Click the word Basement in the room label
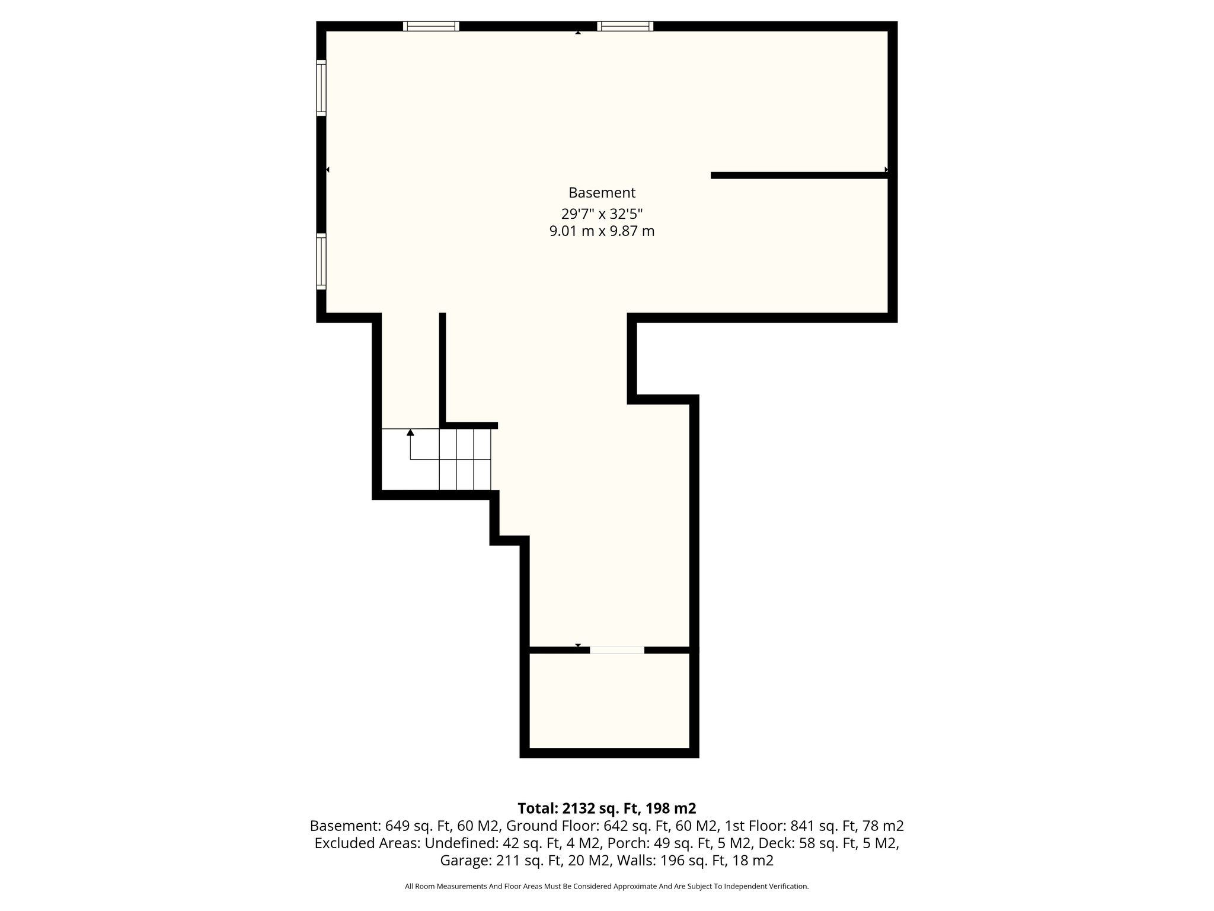click(602, 193)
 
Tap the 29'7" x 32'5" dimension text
click(602, 214)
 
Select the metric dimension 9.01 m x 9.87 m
click(602, 231)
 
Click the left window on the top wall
click(431, 26)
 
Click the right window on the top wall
click(625, 26)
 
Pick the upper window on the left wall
click(321, 88)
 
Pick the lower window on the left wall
click(321, 262)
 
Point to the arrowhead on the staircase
click(410, 432)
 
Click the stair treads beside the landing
click(465, 459)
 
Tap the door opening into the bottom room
click(617, 650)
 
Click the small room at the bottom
click(609, 701)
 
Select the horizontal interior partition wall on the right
click(800, 175)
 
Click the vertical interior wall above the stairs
click(442, 368)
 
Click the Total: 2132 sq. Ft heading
click(607, 808)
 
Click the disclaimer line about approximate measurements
click(607, 887)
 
